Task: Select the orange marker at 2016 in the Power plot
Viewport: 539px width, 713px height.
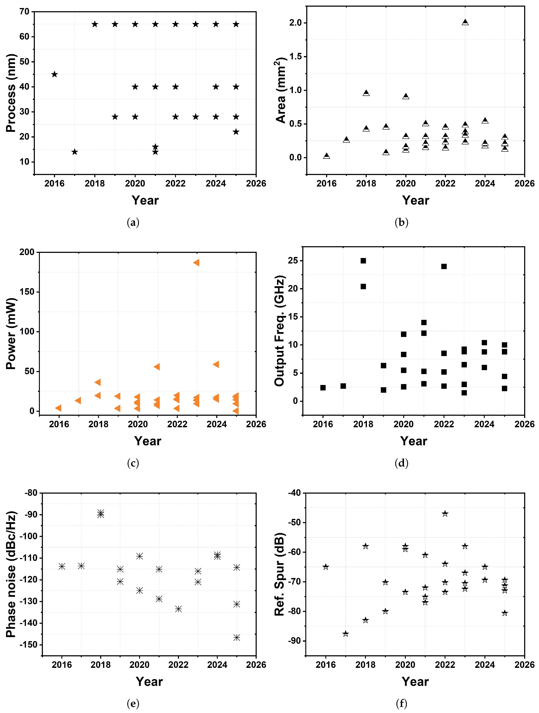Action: tap(58, 408)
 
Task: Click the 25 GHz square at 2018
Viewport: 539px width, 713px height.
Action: tap(363, 261)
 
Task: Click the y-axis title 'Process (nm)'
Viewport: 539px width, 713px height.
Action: tap(11, 93)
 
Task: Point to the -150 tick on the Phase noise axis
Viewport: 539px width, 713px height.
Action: tap(29, 645)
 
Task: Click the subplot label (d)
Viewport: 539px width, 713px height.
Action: tap(401, 463)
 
